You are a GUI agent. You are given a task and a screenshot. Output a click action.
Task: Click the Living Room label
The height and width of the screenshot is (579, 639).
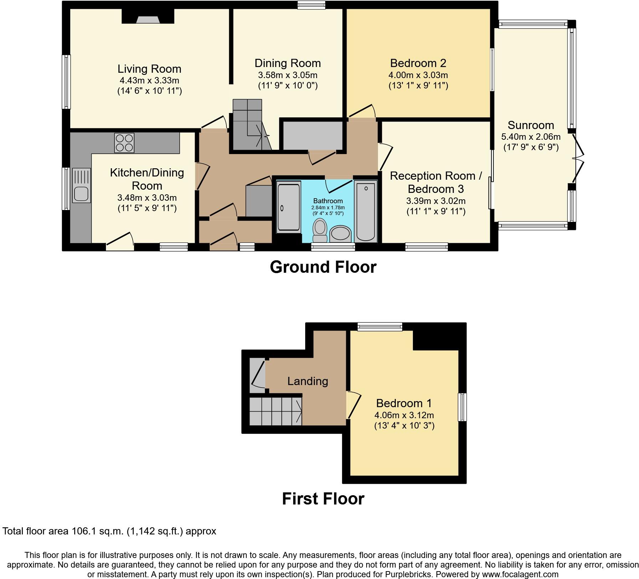[149, 69]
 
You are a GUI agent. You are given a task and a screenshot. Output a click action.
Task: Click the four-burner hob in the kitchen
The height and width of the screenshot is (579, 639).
[124, 143]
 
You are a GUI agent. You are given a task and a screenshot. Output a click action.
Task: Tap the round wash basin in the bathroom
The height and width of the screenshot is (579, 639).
[340, 234]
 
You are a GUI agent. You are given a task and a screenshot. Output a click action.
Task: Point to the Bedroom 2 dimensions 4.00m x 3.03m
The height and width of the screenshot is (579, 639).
[418, 75]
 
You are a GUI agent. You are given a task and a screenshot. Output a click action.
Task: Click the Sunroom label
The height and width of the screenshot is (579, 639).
[531, 125]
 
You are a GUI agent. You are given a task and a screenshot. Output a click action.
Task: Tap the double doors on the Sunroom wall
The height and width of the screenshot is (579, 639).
[578, 159]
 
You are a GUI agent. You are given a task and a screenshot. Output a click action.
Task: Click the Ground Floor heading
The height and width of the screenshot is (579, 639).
[323, 267]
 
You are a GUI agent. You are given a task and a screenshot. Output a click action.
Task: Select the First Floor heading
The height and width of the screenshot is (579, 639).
[323, 499]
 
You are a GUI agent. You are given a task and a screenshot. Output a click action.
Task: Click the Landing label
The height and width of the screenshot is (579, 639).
[307, 381]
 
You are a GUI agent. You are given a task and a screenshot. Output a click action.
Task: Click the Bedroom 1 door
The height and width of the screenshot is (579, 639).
[354, 405]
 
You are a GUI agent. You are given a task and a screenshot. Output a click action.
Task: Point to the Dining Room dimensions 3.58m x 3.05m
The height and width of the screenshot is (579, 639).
[287, 75]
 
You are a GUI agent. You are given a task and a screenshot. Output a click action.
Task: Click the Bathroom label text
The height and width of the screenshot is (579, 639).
[328, 201]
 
